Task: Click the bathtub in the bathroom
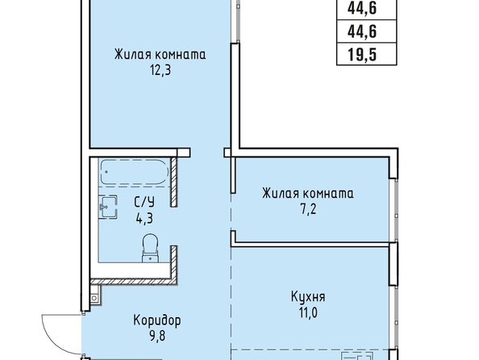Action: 135,172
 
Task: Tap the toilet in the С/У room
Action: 150,248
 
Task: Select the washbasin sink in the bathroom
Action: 108,207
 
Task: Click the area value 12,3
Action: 160,71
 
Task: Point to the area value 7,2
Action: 308,210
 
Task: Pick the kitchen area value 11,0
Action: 308,313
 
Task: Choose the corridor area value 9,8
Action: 157,337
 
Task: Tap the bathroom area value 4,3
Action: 144,219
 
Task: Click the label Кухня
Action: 308,297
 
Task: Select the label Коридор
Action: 157,320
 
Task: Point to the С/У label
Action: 144,202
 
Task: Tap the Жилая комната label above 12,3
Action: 160,55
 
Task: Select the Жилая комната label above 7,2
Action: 308,194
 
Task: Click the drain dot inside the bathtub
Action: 106,172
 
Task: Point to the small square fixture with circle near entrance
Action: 94,298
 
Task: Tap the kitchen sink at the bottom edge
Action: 357,356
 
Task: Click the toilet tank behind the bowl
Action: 150,258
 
